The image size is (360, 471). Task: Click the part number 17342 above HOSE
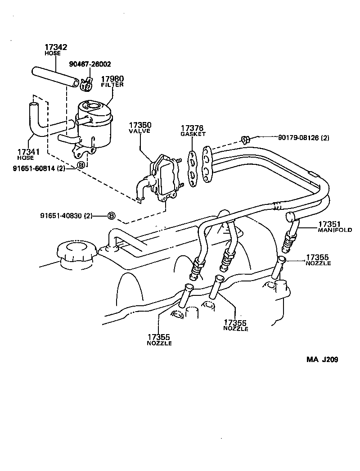click(x=55, y=47)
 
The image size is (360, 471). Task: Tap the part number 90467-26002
click(x=90, y=64)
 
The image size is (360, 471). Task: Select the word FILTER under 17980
click(x=112, y=85)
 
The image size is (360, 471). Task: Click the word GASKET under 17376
click(x=193, y=134)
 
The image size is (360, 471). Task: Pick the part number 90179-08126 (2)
click(x=297, y=138)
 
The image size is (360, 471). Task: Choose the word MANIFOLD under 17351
click(x=335, y=230)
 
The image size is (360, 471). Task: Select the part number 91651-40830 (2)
click(x=66, y=216)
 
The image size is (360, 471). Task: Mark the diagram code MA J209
click(x=322, y=359)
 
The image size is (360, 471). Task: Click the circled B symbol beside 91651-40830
click(x=111, y=216)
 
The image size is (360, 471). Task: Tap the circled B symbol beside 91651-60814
click(x=81, y=165)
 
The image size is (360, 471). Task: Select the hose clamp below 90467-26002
click(x=87, y=82)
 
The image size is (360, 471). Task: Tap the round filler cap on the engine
click(x=75, y=253)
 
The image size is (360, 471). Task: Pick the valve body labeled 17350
click(x=164, y=178)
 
